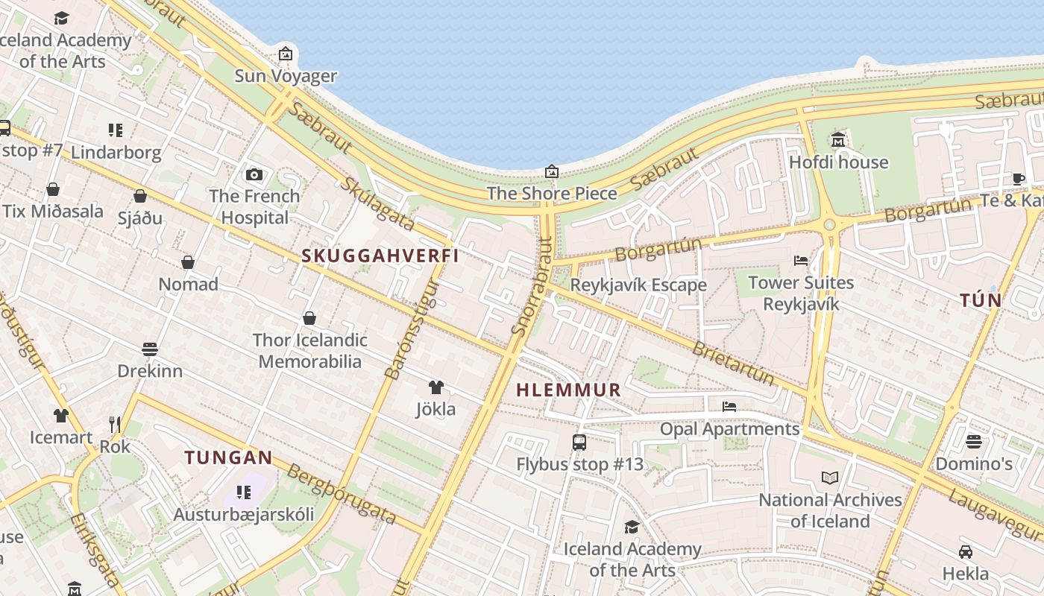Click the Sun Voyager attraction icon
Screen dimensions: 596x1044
click(x=285, y=54)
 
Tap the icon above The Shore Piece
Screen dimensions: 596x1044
click(x=551, y=172)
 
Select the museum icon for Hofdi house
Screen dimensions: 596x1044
click(x=838, y=140)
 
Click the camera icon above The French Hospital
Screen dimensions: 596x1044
click(x=254, y=174)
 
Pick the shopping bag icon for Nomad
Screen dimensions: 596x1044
click(x=188, y=262)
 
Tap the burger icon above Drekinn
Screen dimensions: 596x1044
click(x=149, y=349)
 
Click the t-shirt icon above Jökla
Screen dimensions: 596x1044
click(x=435, y=387)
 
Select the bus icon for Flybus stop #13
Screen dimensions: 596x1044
click(x=579, y=443)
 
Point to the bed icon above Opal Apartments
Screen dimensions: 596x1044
click(x=729, y=407)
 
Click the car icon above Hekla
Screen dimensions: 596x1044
click(x=966, y=552)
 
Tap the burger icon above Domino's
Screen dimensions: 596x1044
click(x=973, y=442)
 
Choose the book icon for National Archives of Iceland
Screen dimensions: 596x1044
click(x=830, y=478)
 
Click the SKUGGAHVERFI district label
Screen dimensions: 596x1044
click(x=380, y=256)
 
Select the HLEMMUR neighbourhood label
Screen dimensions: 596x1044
click(x=568, y=390)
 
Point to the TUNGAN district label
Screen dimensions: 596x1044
click(x=228, y=457)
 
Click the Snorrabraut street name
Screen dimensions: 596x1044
click(x=531, y=287)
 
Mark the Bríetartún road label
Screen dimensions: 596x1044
click(x=733, y=363)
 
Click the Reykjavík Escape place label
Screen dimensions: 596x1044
click(x=638, y=285)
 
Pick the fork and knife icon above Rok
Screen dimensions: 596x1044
click(x=115, y=425)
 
